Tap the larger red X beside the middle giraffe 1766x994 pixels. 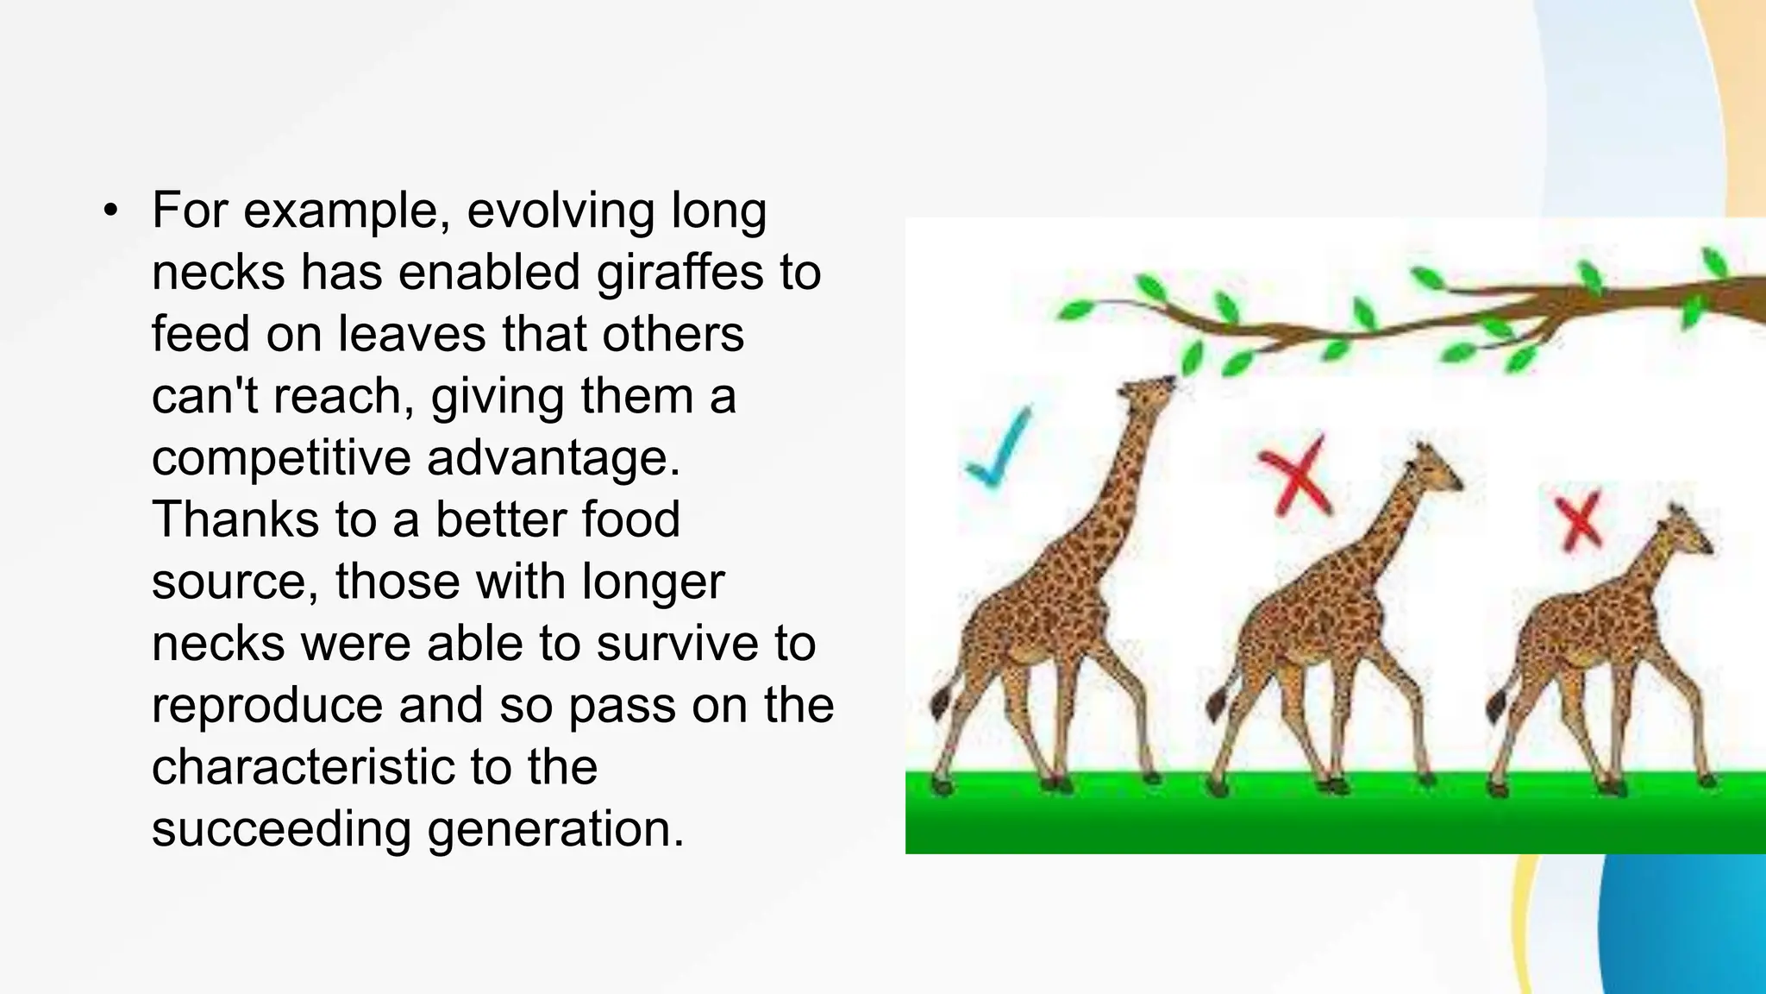[1295, 477]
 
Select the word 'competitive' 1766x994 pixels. [281, 458]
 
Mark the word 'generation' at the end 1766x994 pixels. [555, 829]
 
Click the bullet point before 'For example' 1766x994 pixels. [110, 211]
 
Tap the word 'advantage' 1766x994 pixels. [553, 458]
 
